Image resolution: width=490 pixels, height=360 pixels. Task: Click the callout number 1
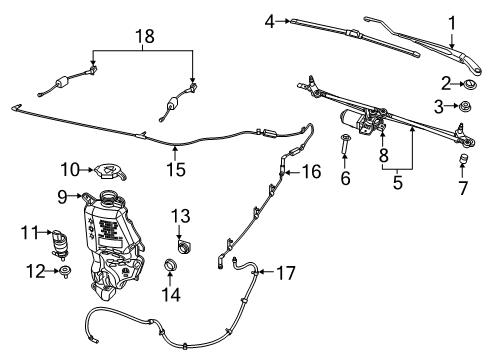(451, 21)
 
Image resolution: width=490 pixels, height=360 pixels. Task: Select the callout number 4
(269, 20)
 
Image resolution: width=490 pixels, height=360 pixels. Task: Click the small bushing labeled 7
(463, 162)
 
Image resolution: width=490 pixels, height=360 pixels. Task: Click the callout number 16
(313, 172)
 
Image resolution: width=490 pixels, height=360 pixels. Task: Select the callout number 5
(397, 183)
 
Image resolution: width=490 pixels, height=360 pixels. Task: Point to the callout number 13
(180, 216)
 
